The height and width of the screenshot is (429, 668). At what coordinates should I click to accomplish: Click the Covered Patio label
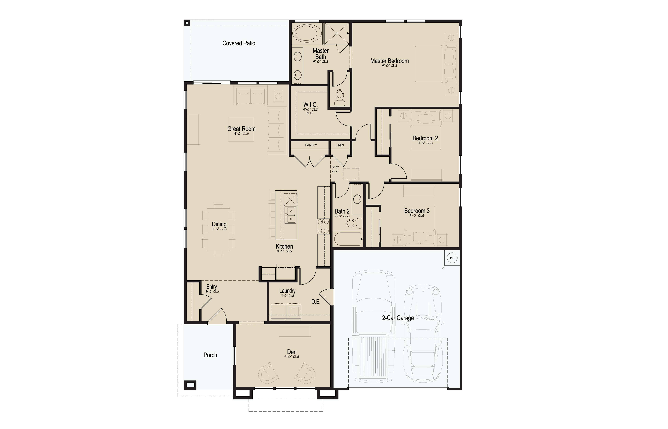[239, 43]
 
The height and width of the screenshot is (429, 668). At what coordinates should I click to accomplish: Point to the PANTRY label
[311, 145]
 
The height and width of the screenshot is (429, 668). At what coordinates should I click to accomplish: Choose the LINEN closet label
[339, 145]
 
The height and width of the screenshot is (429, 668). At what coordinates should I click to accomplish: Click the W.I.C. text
[310, 105]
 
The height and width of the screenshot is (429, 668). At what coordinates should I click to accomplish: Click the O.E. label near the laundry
[316, 302]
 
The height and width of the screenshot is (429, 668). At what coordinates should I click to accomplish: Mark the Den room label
[292, 352]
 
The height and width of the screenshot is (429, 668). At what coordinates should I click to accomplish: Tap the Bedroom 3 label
[417, 211]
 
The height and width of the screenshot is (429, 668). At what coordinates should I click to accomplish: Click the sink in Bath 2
[357, 199]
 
